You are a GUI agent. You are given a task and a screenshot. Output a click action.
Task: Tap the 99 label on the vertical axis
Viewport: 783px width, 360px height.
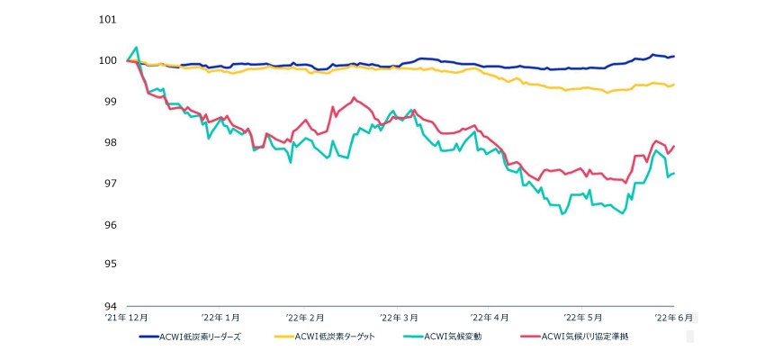110,102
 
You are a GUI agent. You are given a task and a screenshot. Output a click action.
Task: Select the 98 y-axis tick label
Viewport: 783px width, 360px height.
110,142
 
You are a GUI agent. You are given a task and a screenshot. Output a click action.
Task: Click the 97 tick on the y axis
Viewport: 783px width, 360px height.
110,184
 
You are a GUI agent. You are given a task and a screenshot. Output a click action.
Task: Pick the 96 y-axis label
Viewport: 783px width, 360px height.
110,224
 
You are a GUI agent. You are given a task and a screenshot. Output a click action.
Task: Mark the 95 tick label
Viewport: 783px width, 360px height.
110,264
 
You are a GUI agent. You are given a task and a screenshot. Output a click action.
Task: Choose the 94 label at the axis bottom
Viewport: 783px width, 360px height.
110,306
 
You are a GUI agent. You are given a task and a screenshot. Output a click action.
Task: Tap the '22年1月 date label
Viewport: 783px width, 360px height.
220,317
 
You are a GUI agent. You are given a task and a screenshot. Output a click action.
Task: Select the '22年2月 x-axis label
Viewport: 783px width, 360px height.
304,317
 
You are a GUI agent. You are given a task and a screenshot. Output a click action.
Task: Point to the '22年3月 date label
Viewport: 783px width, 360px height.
398,317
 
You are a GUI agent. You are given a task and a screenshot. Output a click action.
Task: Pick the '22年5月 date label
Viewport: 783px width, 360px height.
583,317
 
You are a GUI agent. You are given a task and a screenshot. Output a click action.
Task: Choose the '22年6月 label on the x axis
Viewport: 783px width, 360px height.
673,317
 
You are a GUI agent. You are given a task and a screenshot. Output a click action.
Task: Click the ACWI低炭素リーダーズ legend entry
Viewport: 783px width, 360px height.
190,337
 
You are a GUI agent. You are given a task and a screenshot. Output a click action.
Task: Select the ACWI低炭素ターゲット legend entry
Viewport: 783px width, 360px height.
325,337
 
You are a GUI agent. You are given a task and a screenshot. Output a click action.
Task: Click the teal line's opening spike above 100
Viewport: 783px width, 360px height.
136,48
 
